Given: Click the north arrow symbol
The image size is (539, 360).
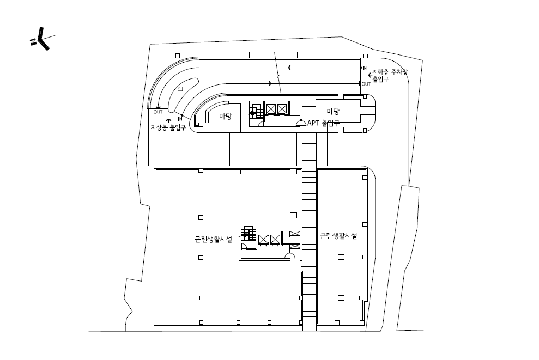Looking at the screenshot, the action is pyautogui.click(x=42, y=39).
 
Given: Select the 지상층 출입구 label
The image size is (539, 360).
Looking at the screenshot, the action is pyautogui.click(x=168, y=127).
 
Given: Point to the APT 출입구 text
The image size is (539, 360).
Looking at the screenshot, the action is pyautogui.click(x=324, y=123).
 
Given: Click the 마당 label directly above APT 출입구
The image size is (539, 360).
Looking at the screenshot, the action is pyautogui.click(x=333, y=111).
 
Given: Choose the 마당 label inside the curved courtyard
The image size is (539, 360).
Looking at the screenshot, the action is pyautogui.click(x=226, y=117).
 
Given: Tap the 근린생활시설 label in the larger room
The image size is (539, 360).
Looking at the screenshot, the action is pyautogui.click(x=213, y=239).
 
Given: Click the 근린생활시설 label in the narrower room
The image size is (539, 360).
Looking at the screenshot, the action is pyautogui.click(x=338, y=236).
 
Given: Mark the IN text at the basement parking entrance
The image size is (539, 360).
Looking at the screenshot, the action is pyautogui.click(x=365, y=68).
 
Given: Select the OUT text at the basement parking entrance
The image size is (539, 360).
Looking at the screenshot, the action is pyautogui.click(x=366, y=84).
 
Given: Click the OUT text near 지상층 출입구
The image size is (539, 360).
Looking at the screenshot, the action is pyautogui.click(x=158, y=112).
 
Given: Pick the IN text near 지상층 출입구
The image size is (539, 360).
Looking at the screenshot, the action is pyautogui.click(x=180, y=119).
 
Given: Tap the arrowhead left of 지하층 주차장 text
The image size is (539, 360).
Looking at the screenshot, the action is pyautogui.click(x=370, y=75).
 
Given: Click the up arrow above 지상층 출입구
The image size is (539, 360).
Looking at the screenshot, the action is pyautogui.click(x=168, y=120).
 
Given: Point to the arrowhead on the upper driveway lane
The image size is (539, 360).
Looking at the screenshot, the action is pyautogui.click(x=289, y=68).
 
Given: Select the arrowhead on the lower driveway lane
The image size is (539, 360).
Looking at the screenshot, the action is pyautogui.click(x=270, y=83).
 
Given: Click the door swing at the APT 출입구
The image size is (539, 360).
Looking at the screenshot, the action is pyautogui.click(x=301, y=123).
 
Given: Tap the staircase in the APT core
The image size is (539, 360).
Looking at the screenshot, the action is pyautogui.click(x=253, y=113).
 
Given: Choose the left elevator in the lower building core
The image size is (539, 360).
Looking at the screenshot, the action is pyautogui.click(x=263, y=240).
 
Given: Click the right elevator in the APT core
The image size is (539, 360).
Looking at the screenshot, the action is pyautogui.click(x=282, y=109).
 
